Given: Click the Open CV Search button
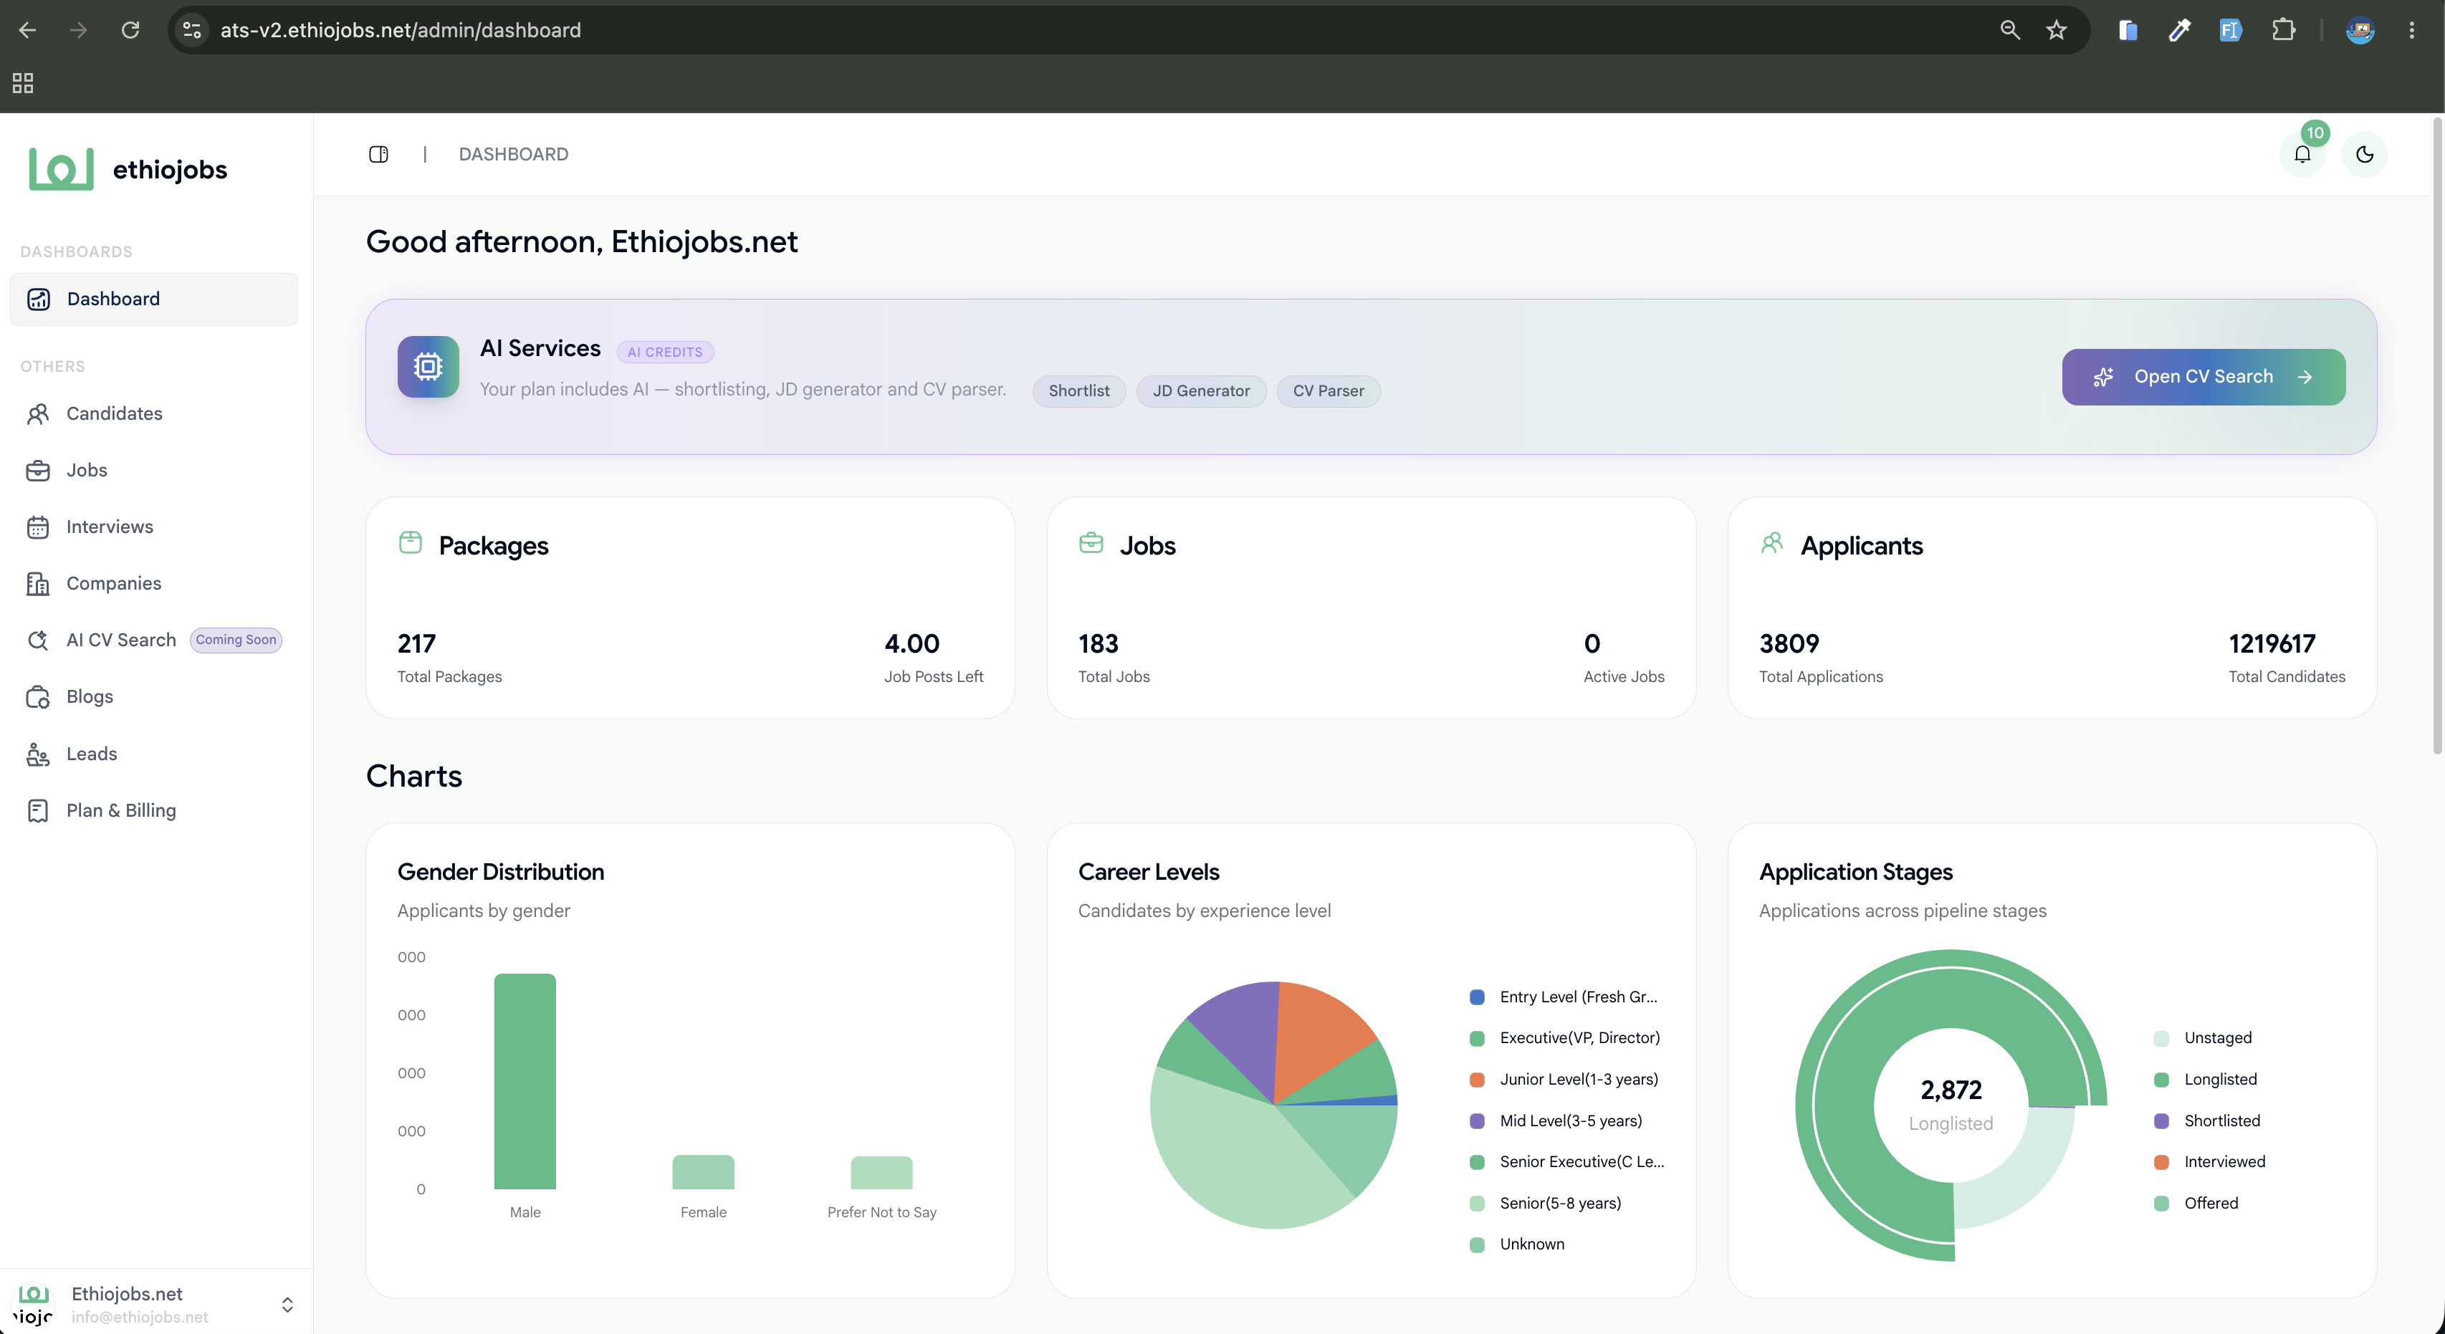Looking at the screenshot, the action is [2203, 377].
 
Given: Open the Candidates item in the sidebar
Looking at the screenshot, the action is [114, 413].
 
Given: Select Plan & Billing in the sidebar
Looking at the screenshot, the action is [120, 810].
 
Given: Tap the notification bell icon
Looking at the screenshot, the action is [2302, 154].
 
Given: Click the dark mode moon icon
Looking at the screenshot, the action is [2364, 154].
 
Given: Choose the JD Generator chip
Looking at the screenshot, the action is [1201, 391].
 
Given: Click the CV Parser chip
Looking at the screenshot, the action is [1328, 391].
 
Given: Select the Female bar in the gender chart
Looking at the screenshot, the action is [703, 1172].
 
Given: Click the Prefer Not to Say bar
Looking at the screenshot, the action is [881, 1173].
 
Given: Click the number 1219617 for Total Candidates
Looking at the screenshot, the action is [2272, 644].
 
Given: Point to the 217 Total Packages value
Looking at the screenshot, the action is [416, 644].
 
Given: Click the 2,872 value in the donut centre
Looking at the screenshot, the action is [1951, 1090].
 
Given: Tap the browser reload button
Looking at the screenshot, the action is [130, 30].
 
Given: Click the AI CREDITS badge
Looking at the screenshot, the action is [665, 352].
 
